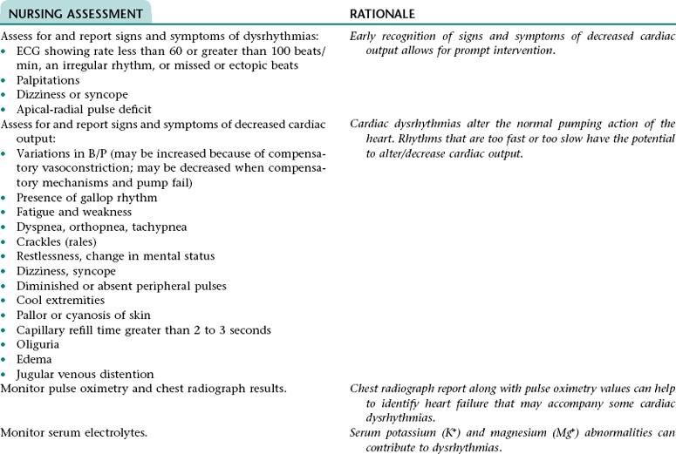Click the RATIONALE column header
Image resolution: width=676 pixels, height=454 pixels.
(382, 14)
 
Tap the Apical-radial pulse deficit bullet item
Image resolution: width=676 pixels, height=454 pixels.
(84, 109)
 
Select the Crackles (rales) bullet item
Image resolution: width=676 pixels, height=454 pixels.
(56, 241)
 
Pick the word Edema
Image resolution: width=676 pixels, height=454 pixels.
(33, 359)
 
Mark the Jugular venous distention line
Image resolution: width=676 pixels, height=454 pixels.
(85, 374)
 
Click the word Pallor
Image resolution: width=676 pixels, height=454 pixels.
(32, 315)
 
